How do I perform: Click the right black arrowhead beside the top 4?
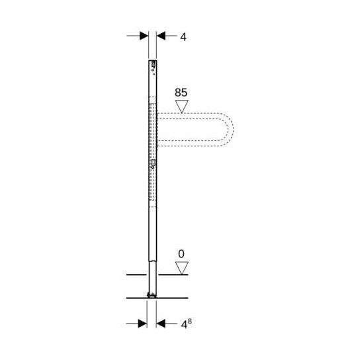tap(161, 37)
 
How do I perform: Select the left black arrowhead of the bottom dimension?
tap(142, 324)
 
